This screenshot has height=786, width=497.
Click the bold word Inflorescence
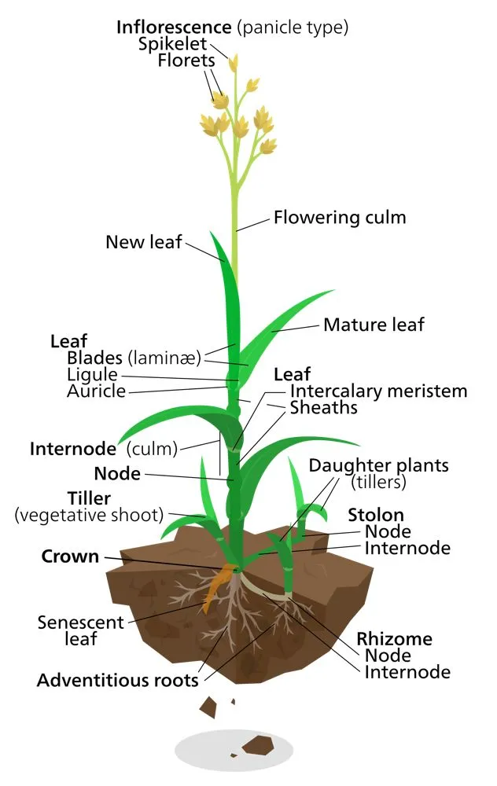tap(174, 28)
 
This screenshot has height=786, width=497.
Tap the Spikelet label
tap(172, 44)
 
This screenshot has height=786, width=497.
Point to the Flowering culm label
tap(340, 218)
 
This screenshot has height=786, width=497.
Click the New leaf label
tap(143, 242)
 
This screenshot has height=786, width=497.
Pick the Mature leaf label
tap(374, 324)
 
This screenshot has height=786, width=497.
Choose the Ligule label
tap(92, 375)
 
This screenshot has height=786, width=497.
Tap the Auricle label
tap(95, 391)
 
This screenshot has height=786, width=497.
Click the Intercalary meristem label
tap(378, 391)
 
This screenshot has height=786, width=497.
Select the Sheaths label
tap(323, 408)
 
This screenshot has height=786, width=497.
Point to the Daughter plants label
tap(378, 465)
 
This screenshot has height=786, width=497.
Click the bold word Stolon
tap(376, 516)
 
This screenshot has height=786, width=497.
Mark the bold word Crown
tap(70, 556)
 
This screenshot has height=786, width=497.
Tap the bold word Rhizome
tap(394, 638)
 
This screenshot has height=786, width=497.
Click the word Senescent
tap(80, 623)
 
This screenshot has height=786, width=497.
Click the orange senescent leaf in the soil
tap(213, 593)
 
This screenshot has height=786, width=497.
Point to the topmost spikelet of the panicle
tap(233, 62)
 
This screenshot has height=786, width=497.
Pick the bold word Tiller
tap(89, 498)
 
